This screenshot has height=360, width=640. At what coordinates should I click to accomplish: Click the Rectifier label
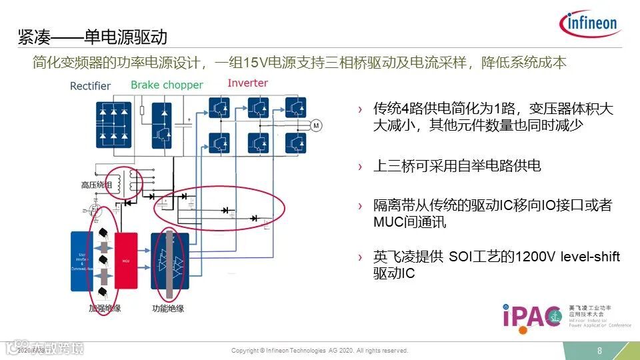(91, 85)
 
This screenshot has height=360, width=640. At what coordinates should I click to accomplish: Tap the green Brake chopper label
(167, 85)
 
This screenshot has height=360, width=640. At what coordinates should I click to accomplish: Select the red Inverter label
(247, 83)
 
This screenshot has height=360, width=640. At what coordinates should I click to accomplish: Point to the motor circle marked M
(316, 125)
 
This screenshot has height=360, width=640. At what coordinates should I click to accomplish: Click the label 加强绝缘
(106, 309)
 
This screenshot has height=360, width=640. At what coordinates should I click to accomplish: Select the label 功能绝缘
(168, 309)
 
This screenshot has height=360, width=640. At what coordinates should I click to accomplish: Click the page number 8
(599, 351)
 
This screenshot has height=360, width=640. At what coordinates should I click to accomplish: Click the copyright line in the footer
(319, 351)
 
